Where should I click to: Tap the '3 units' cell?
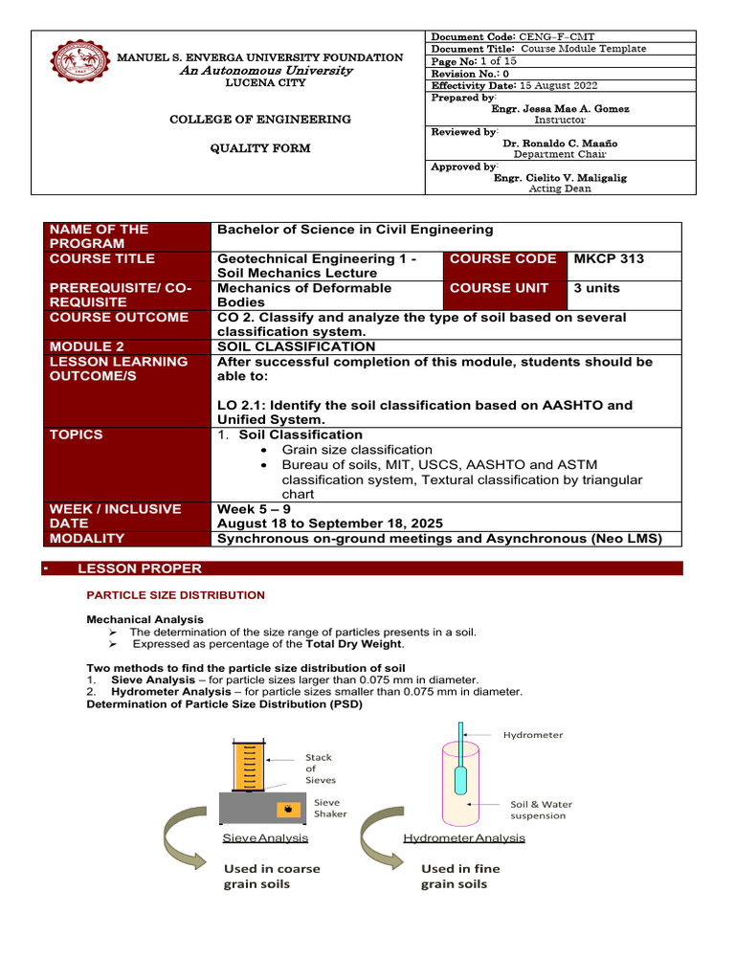click(596, 288)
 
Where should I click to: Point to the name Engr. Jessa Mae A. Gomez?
click(560, 109)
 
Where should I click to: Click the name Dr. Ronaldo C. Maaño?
click(560, 143)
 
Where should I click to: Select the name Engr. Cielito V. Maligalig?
click(560, 177)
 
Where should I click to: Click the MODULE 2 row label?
click(87, 346)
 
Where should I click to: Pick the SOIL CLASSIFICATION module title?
click(297, 346)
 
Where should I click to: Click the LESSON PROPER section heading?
click(140, 568)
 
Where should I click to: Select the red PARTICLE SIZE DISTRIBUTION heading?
click(176, 595)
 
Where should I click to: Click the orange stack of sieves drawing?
click(249, 765)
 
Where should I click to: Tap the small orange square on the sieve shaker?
click(284, 810)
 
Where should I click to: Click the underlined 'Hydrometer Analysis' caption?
click(464, 837)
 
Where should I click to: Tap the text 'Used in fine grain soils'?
click(460, 876)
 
